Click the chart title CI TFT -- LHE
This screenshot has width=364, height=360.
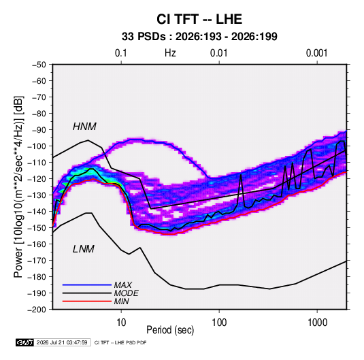(x=199, y=19)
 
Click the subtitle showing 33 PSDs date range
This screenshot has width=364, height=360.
(x=199, y=37)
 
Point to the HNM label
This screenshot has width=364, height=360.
(x=84, y=127)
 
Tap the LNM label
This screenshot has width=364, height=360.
(x=84, y=249)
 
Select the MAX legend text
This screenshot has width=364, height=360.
(x=123, y=285)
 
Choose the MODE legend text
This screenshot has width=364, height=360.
(x=127, y=293)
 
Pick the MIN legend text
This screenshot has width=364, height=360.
(x=121, y=301)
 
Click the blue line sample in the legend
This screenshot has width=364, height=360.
(x=87, y=285)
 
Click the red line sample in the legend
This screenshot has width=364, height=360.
(x=87, y=301)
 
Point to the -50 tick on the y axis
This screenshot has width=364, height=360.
(x=39, y=65)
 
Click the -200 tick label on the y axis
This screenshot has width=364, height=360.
(x=37, y=310)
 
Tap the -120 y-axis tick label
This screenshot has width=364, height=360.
(x=37, y=179)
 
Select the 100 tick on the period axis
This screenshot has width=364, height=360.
(x=219, y=323)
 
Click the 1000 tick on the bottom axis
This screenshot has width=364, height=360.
(x=317, y=323)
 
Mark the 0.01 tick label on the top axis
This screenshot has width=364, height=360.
(x=218, y=53)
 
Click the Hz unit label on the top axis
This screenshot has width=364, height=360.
(x=170, y=53)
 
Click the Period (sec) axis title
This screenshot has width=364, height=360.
(x=170, y=330)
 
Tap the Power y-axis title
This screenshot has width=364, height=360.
(x=18, y=187)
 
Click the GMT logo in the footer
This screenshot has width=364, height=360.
(x=24, y=342)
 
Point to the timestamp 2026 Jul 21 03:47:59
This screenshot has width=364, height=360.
(x=62, y=342)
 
